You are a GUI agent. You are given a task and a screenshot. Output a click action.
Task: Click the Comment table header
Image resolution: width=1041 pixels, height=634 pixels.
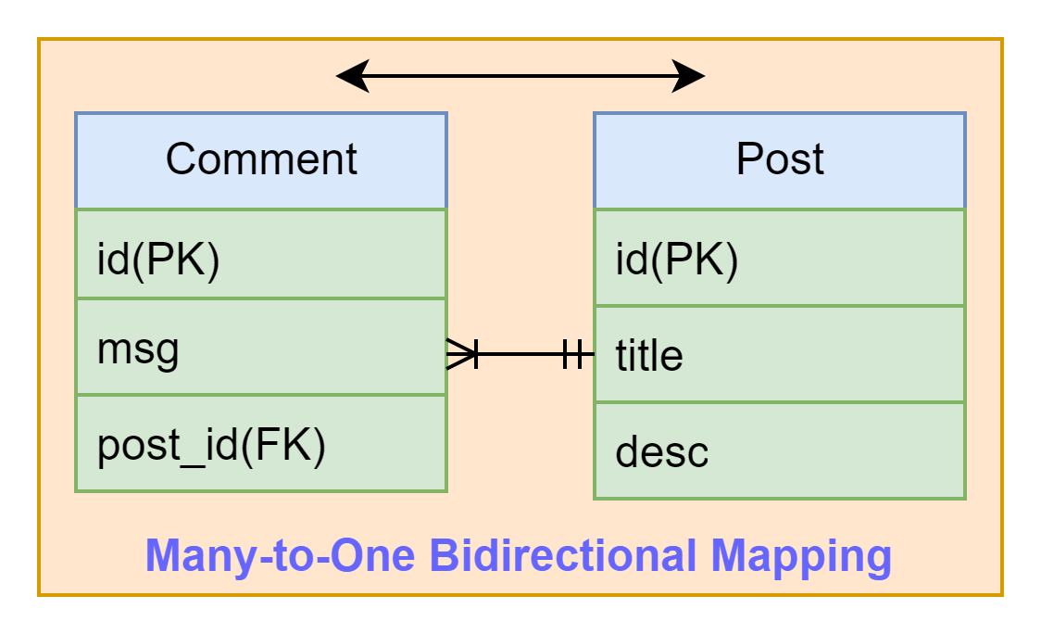coord(261,161)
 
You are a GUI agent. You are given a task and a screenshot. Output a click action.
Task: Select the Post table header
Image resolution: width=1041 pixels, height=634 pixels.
coord(780,161)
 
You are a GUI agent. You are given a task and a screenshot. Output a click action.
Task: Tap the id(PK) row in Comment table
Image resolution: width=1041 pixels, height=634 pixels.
coord(261,254)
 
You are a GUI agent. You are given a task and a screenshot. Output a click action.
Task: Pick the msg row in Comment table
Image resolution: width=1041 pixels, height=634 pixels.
coord(261,347)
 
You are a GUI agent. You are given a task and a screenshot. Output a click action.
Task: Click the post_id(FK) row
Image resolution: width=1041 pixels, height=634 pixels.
coord(261,443)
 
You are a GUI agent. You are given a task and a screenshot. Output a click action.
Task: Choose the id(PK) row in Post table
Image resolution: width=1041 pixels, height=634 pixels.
coord(780,258)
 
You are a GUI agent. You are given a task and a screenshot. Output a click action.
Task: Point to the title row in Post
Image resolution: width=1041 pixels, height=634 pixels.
coord(780,354)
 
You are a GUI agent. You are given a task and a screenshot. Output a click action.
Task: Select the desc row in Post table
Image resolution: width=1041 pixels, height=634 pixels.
coord(780,450)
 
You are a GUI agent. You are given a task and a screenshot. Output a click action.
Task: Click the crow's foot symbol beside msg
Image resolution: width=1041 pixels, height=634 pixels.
coord(462,353)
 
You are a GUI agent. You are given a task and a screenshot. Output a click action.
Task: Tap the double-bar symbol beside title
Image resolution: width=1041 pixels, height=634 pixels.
coord(573,353)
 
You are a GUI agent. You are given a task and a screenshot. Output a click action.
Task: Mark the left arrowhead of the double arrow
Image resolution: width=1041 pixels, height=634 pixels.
coord(353,76)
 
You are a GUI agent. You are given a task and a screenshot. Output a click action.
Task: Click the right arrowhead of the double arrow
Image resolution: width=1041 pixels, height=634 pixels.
coord(688,76)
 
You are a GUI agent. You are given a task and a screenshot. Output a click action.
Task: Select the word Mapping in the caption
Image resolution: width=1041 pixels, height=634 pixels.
coord(801,557)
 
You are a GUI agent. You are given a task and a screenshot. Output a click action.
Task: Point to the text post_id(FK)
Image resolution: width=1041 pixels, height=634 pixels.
coord(211,446)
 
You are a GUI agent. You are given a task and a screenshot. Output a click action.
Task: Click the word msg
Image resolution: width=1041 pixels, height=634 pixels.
coord(138,350)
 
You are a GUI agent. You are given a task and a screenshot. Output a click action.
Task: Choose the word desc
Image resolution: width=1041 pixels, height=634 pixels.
coord(662,451)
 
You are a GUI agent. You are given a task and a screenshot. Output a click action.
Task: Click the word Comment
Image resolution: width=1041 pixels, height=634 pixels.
coord(261,158)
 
